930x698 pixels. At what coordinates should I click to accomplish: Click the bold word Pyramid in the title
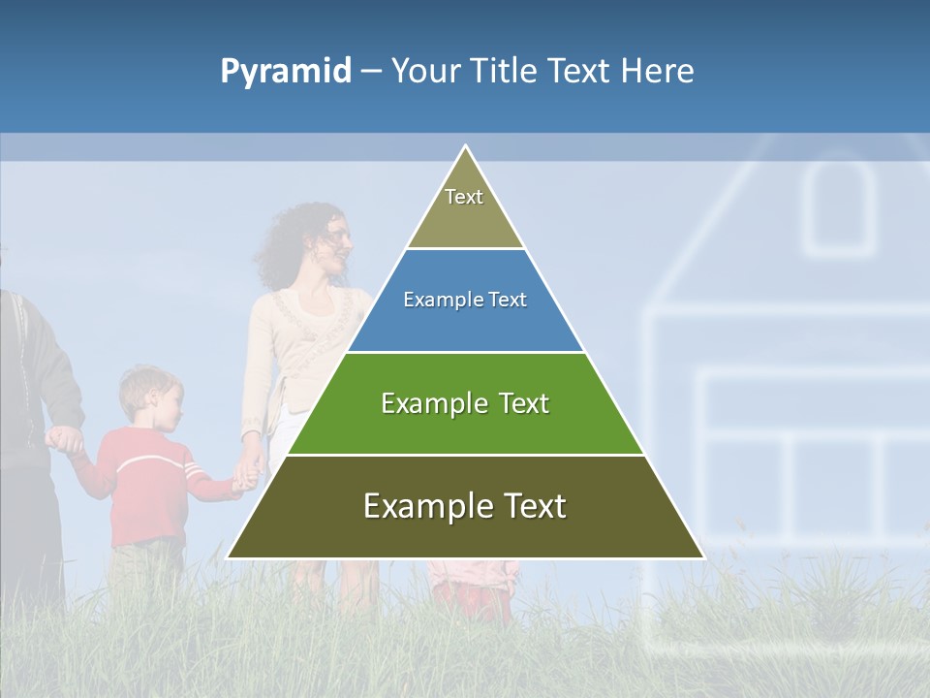(x=286, y=72)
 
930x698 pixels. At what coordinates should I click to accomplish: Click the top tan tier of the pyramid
(x=465, y=218)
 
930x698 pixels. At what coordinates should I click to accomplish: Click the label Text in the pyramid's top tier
(x=464, y=197)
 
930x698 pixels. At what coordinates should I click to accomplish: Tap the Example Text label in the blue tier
(x=465, y=300)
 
